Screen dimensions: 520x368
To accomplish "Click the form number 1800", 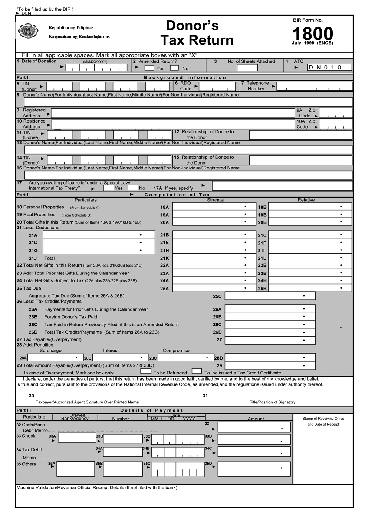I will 313,34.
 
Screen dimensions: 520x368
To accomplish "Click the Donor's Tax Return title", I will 197,33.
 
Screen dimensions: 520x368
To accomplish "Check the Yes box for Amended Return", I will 149,68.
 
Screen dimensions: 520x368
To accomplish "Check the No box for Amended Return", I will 174,68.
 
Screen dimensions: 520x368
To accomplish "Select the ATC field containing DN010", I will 329,68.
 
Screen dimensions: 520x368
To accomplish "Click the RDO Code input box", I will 217,87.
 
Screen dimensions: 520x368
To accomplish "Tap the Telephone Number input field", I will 314,87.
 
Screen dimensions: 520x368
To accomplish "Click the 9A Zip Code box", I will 335,113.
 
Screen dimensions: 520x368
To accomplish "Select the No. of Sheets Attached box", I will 247,68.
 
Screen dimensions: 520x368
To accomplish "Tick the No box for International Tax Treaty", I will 133,188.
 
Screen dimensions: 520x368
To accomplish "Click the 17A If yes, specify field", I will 282,185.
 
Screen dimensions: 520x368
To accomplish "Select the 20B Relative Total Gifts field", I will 309,222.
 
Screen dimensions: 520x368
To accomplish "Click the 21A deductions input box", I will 99,235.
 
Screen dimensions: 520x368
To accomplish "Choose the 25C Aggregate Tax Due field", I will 270,296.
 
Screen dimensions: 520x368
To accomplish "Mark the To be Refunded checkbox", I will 146,371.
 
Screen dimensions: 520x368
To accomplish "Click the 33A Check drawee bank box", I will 77,438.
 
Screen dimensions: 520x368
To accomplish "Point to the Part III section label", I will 23,410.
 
